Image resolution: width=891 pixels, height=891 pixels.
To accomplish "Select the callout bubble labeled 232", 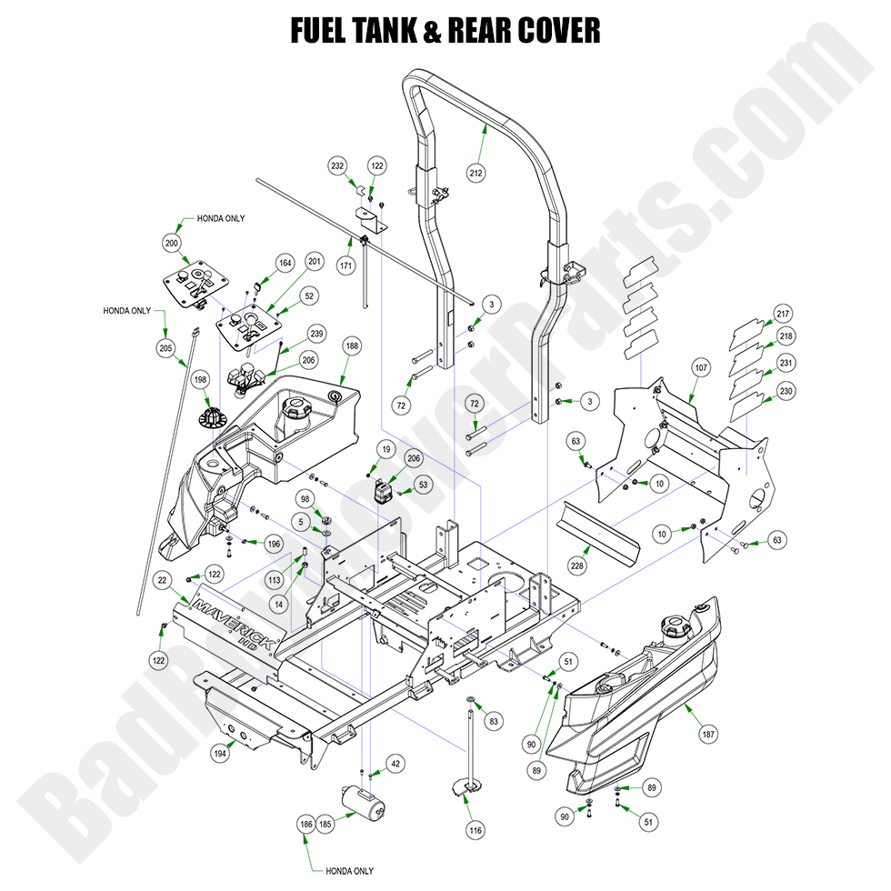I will coord(338,165).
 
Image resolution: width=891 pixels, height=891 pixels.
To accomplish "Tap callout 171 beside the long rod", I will coord(345,266).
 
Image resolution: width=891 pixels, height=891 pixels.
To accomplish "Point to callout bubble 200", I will coord(173,243).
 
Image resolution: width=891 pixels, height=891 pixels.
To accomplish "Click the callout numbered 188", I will coord(352,346).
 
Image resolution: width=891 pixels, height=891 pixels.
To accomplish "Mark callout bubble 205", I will coord(165,346).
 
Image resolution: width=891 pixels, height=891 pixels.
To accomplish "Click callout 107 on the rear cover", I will coord(700,369).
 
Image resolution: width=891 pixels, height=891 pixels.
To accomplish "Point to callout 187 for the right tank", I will coord(706,733).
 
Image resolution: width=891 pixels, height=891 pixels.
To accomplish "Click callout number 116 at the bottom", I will coord(476,829).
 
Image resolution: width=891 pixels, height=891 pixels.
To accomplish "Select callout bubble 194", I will coord(219,753).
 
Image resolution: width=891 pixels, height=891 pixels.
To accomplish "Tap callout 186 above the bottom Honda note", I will coord(305,824).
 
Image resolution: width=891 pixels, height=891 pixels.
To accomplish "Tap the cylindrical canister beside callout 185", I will coord(365,805).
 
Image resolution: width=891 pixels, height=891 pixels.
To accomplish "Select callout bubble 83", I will coord(494,721).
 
